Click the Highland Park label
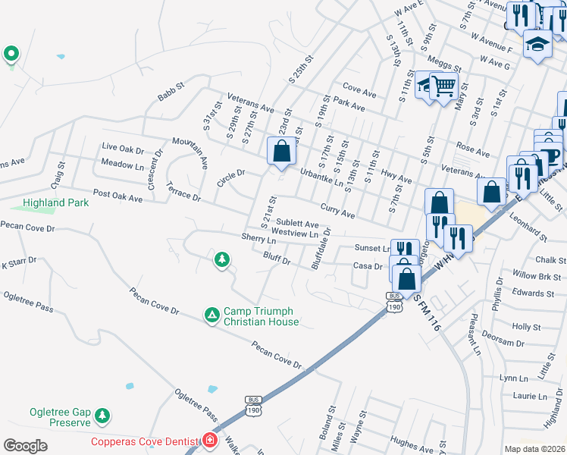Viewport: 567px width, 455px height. click(x=55, y=202)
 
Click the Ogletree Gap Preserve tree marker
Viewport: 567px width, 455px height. click(x=102, y=416)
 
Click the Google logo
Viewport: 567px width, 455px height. click(x=25, y=446)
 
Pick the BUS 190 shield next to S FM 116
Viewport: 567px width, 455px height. click(x=393, y=301)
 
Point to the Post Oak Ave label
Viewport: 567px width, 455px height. click(x=117, y=198)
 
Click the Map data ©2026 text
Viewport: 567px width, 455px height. click(x=534, y=449)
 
